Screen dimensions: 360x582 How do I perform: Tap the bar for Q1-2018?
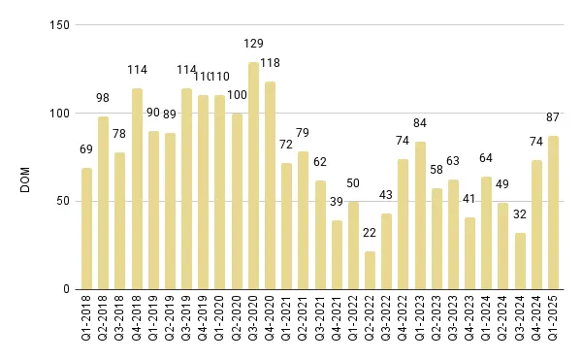[86, 228]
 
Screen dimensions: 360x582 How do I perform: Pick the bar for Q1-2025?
[553, 213]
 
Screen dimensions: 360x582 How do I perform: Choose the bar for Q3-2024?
[520, 261]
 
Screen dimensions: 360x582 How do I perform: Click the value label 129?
[253, 44]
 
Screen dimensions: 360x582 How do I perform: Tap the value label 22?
[370, 233]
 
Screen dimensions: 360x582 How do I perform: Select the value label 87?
[553, 117]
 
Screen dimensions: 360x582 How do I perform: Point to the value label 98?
[104, 98]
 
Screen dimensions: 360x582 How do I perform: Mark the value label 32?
[520, 215]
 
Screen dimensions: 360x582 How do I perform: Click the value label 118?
[271, 63]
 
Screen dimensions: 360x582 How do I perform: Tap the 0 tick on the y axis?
[64, 289]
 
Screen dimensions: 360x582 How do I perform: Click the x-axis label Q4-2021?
[337, 323]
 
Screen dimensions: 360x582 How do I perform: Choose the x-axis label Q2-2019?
[171, 323]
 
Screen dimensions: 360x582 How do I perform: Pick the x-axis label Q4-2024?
[536, 323]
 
